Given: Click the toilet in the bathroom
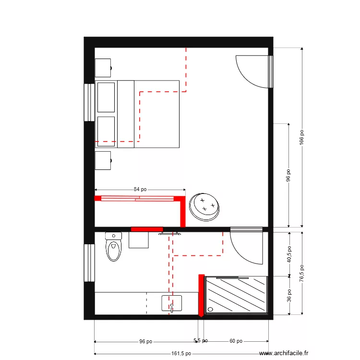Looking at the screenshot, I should (113, 247).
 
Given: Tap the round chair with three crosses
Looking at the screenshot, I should (205, 206).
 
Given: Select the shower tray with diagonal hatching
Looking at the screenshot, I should (236, 295).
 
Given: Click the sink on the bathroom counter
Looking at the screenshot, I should (172, 303).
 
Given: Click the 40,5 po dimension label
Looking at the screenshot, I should (289, 254).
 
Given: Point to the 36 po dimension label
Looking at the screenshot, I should (289, 295).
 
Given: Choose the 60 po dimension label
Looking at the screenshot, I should (235, 341).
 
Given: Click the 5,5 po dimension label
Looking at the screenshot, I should (201, 341).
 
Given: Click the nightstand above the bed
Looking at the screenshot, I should (103, 68).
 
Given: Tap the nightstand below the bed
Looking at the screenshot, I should (103, 161).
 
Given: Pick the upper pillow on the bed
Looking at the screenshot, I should (106, 97).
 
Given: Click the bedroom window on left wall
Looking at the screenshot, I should (89, 102).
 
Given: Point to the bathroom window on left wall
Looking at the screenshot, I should (89, 263).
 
